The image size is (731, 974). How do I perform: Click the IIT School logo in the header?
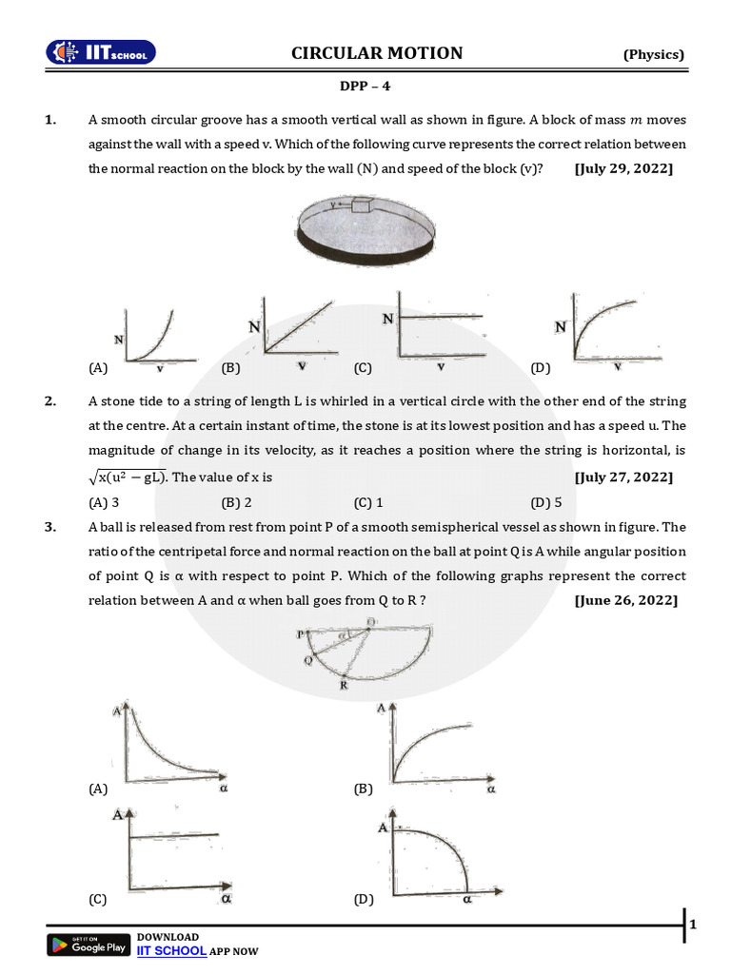tap(102, 53)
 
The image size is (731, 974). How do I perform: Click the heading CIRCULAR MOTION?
tap(377, 53)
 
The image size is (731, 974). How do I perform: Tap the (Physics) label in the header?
tap(653, 54)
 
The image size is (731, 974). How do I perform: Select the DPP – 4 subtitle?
tap(365, 86)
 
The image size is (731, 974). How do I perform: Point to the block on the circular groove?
tap(361, 204)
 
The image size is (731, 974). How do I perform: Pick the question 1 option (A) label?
tap(98, 367)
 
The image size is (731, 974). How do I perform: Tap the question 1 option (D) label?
tap(541, 367)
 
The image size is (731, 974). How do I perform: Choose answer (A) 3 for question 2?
tap(104, 502)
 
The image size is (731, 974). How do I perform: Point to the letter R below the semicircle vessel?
tap(344, 686)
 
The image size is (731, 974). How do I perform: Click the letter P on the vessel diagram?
tap(299, 633)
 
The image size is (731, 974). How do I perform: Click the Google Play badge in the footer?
tap(89, 945)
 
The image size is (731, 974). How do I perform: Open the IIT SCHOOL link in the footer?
tap(171, 950)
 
